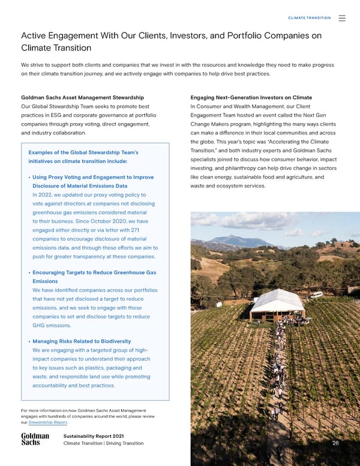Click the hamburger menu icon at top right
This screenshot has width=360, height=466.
click(x=342, y=19)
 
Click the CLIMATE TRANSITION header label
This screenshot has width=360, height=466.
click(x=310, y=19)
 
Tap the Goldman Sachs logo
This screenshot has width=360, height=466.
click(x=35, y=440)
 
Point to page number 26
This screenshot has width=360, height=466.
click(x=335, y=443)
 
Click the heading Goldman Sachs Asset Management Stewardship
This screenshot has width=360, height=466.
click(x=82, y=97)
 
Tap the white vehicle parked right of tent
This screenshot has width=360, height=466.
click(x=316, y=295)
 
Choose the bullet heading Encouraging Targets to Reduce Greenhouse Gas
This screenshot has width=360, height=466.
click(x=94, y=273)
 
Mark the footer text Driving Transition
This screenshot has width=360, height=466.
click(x=124, y=443)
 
